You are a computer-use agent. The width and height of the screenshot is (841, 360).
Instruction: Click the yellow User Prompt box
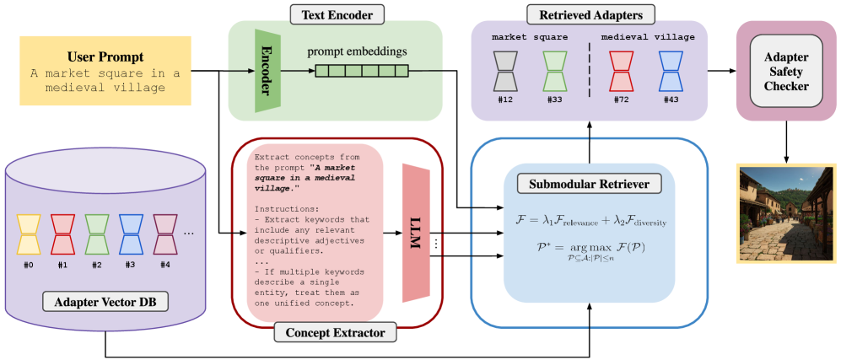[x=106, y=71]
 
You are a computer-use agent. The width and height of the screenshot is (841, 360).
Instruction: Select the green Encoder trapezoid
[x=267, y=71]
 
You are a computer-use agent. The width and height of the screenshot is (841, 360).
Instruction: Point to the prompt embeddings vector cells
[x=361, y=72]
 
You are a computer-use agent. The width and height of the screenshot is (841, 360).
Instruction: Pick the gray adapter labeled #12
[x=505, y=71]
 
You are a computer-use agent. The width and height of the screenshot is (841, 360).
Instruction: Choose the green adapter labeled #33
[x=554, y=71]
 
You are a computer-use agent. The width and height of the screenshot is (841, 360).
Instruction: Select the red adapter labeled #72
[x=621, y=71]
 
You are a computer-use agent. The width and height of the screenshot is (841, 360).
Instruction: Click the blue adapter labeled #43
[x=671, y=71]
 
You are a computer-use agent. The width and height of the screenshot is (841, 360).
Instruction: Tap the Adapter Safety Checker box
[x=787, y=71]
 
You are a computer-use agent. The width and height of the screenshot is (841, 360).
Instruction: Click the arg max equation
[x=590, y=251]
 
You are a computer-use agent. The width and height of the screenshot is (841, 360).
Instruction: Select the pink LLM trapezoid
[x=417, y=233]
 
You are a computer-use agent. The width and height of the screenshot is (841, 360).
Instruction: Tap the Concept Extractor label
[x=335, y=333]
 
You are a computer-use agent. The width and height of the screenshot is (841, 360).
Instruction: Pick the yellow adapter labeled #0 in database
[x=29, y=234]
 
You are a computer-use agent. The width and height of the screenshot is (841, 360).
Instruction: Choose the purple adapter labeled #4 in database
[x=165, y=234]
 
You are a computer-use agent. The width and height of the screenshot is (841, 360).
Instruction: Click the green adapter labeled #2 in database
[x=97, y=234]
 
